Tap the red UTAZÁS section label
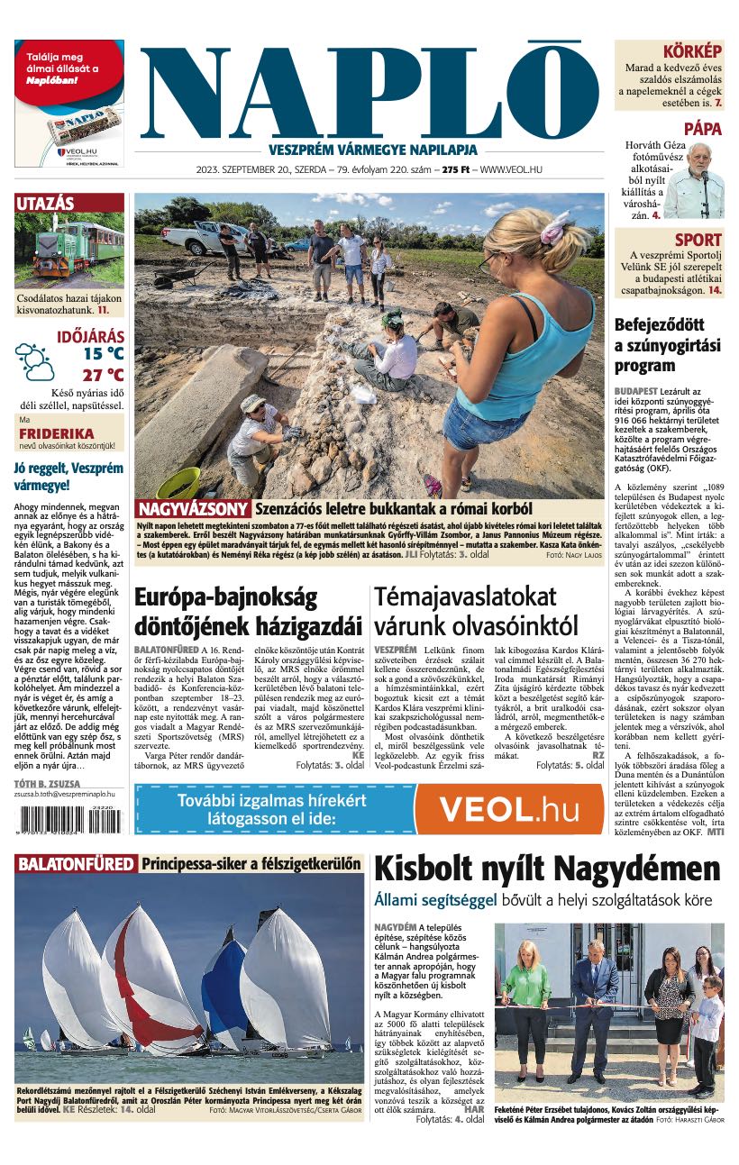[x=45, y=204]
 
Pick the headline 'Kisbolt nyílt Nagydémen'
[x=547, y=869]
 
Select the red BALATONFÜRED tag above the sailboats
[x=76, y=863]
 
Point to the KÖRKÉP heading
[x=692, y=51]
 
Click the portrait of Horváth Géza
[x=693, y=180]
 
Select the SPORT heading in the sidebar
[x=698, y=240]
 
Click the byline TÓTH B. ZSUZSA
[x=47, y=783]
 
